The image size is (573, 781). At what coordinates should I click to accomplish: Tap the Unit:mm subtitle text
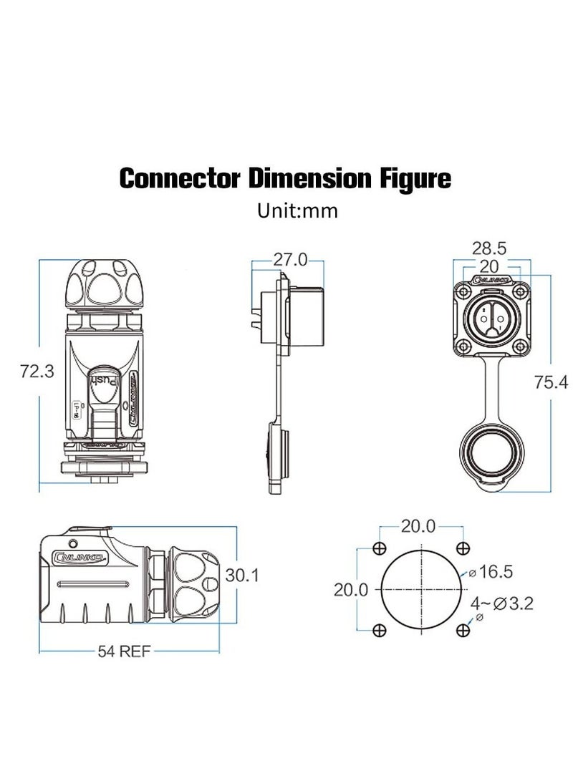coord(297,211)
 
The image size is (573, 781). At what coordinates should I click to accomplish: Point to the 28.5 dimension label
coord(489,248)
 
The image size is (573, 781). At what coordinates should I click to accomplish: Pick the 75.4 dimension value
coord(551,383)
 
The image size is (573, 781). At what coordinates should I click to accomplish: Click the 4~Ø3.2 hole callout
coord(504,603)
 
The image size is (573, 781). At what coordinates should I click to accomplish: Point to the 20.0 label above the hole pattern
coord(418,526)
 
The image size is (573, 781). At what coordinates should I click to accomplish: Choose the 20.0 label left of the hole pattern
coord(351,590)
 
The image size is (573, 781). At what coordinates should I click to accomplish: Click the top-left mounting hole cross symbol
coord(380,548)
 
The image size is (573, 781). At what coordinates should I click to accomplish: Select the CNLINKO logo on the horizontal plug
coord(80,556)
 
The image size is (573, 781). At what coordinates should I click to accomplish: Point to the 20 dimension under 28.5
coord(489,265)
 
